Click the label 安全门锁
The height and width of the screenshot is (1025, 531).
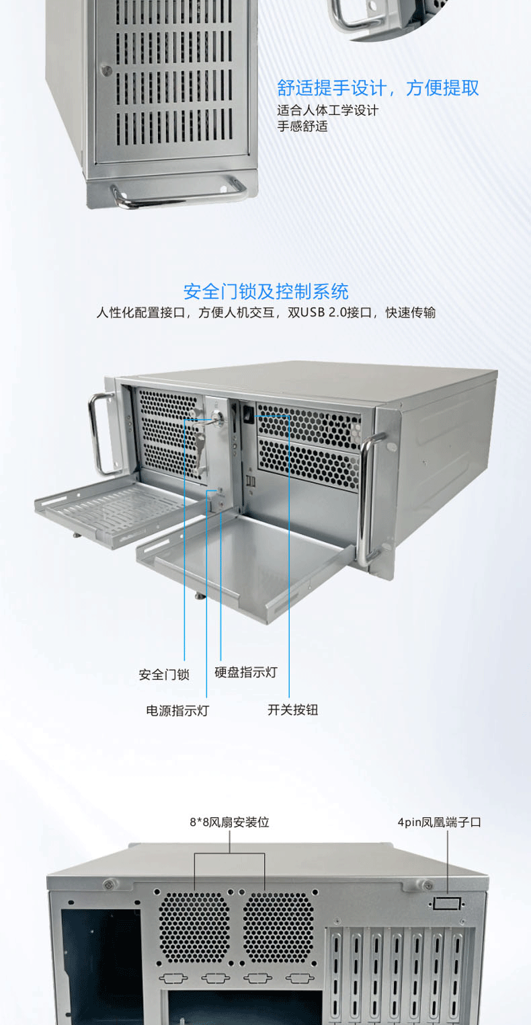(x=164, y=675)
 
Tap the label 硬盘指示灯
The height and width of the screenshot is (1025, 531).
(x=245, y=672)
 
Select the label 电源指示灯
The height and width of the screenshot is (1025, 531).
(x=177, y=710)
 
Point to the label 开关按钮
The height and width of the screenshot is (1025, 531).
(x=292, y=710)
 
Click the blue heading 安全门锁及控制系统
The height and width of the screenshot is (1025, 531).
(x=265, y=292)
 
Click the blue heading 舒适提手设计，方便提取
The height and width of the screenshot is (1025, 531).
(x=378, y=88)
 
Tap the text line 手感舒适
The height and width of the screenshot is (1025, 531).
(x=302, y=126)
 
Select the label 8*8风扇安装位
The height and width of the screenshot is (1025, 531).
(x=229, y=822)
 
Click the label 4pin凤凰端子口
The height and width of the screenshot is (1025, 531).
(x=440, y=822)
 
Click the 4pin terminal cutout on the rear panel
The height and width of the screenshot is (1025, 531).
(x=447, y=903)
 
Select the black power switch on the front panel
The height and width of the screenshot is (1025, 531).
(x=247, y=414)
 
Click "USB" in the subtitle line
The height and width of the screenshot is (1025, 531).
(x=313, y=313)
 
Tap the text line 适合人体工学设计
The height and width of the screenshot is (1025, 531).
(x=327, y=110)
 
